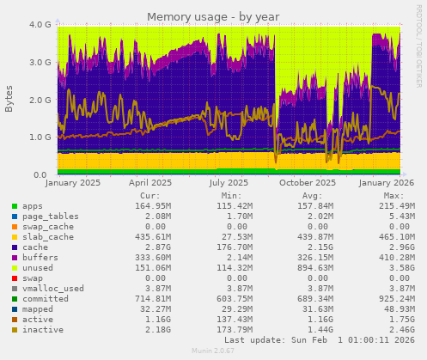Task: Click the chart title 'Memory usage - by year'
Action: click(x=212, y=17)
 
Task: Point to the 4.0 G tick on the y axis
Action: click(x=41, y=25)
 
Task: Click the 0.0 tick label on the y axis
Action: click(x=45, y=175)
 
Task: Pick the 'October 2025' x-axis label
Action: click(x=308, y=183)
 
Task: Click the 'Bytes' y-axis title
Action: click(x=9, y=99)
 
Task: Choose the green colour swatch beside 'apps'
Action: click(x=15, y=206)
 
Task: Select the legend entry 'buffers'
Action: click(x=39, y=257)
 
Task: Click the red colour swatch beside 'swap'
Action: click(x=15, y=278)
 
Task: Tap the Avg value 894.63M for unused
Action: click(x=318, y=267)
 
